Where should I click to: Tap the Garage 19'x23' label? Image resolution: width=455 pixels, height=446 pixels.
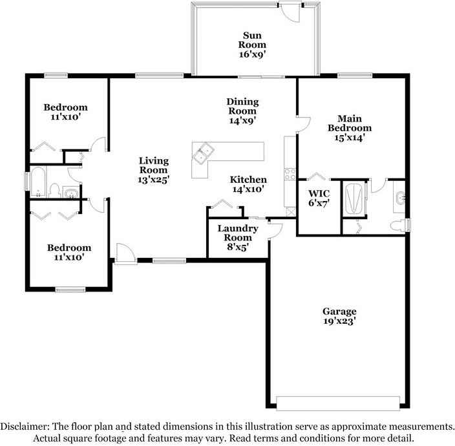(339, 315)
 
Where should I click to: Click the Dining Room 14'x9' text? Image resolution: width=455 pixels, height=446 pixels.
(242, 111)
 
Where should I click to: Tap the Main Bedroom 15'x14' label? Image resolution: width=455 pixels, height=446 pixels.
(354, 127)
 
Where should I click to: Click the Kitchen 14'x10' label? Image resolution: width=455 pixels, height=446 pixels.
(249, 184)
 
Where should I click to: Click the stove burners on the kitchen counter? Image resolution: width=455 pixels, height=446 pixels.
(289, 173)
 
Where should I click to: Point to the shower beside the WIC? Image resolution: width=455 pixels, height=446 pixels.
(353, 197)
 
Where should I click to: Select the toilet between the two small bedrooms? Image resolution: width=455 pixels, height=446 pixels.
(56, 191)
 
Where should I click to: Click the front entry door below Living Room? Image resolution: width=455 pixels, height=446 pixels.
(124, 254)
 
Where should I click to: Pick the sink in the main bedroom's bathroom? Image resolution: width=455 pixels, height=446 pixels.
(401, 198)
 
